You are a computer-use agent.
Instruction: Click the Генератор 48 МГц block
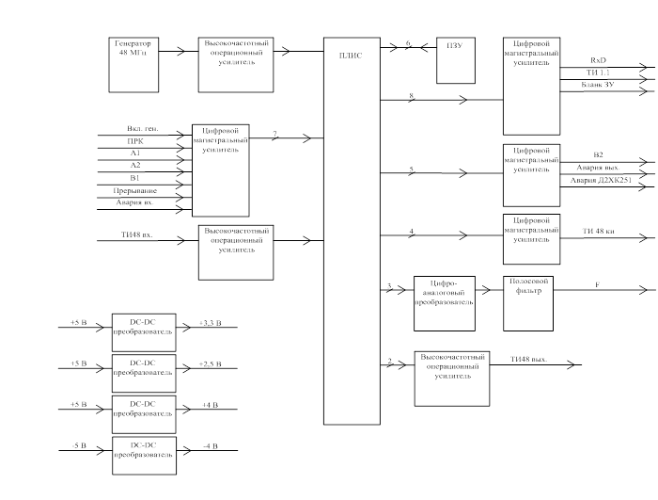pos(133,64)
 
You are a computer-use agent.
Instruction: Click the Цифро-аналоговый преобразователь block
pos(445,302)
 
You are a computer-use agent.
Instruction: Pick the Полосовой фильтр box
pos(529,302)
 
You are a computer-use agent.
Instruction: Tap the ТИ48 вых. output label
pos(528,359)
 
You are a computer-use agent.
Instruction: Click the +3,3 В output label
pos(211,323)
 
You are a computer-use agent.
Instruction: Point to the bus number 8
pos(411,96)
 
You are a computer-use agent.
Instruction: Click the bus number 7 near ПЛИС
pos(274,135)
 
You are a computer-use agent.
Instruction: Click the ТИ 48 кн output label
pos(598,231)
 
